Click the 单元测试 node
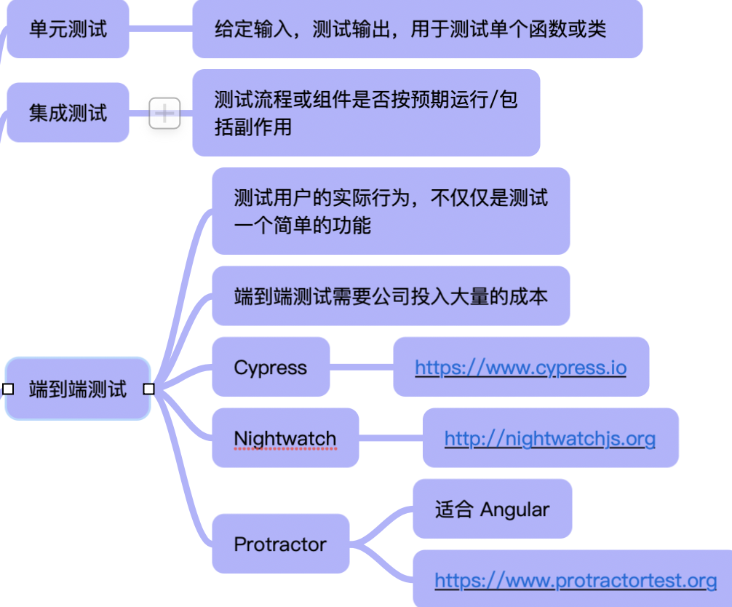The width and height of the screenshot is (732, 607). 68,29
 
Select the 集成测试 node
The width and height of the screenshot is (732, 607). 68,113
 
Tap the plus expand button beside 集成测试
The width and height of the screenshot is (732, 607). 164,114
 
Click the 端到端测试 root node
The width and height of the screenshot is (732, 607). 78,389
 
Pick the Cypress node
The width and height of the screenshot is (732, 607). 271,368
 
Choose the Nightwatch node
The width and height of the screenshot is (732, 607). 285,438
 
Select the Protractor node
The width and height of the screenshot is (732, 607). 280,544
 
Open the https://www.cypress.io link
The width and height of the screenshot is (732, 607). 520,367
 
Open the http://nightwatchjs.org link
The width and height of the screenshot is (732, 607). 549,438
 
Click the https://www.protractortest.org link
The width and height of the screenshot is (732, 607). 576,580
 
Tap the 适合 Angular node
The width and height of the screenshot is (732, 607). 492,509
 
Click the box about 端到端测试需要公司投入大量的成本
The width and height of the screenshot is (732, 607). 391,296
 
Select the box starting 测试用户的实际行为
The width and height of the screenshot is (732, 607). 391,211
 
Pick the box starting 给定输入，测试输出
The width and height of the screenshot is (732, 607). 417,29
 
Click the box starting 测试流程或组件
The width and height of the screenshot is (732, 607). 366,113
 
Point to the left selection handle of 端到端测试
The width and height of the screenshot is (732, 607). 8,389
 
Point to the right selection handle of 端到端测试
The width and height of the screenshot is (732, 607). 148,389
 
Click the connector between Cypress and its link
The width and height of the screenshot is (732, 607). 362,367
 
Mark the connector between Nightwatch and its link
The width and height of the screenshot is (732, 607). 391,438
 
